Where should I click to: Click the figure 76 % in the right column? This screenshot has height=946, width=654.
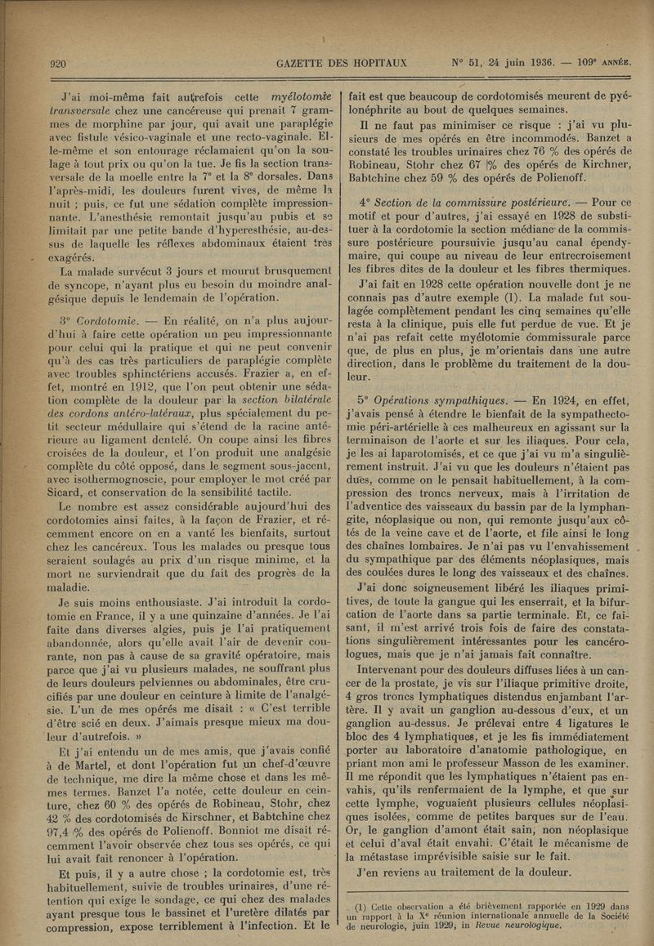503,155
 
